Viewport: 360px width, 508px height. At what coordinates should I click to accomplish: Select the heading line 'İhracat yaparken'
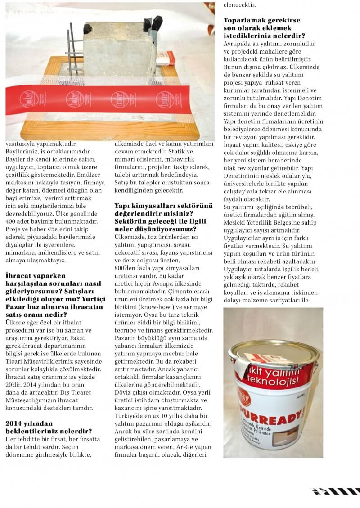[35, 275]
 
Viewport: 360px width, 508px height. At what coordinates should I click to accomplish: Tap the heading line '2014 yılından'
[29, 423]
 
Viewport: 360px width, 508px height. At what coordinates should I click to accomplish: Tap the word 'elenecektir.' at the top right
[239, 5]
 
